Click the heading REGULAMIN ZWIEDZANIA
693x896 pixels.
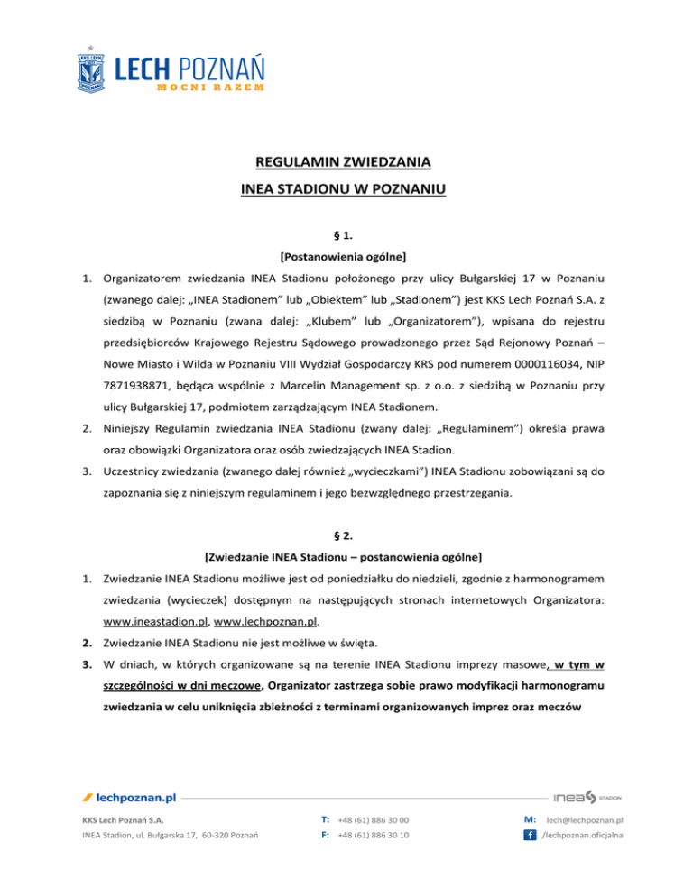point(346,163)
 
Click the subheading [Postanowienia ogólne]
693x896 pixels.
point(346,256)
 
